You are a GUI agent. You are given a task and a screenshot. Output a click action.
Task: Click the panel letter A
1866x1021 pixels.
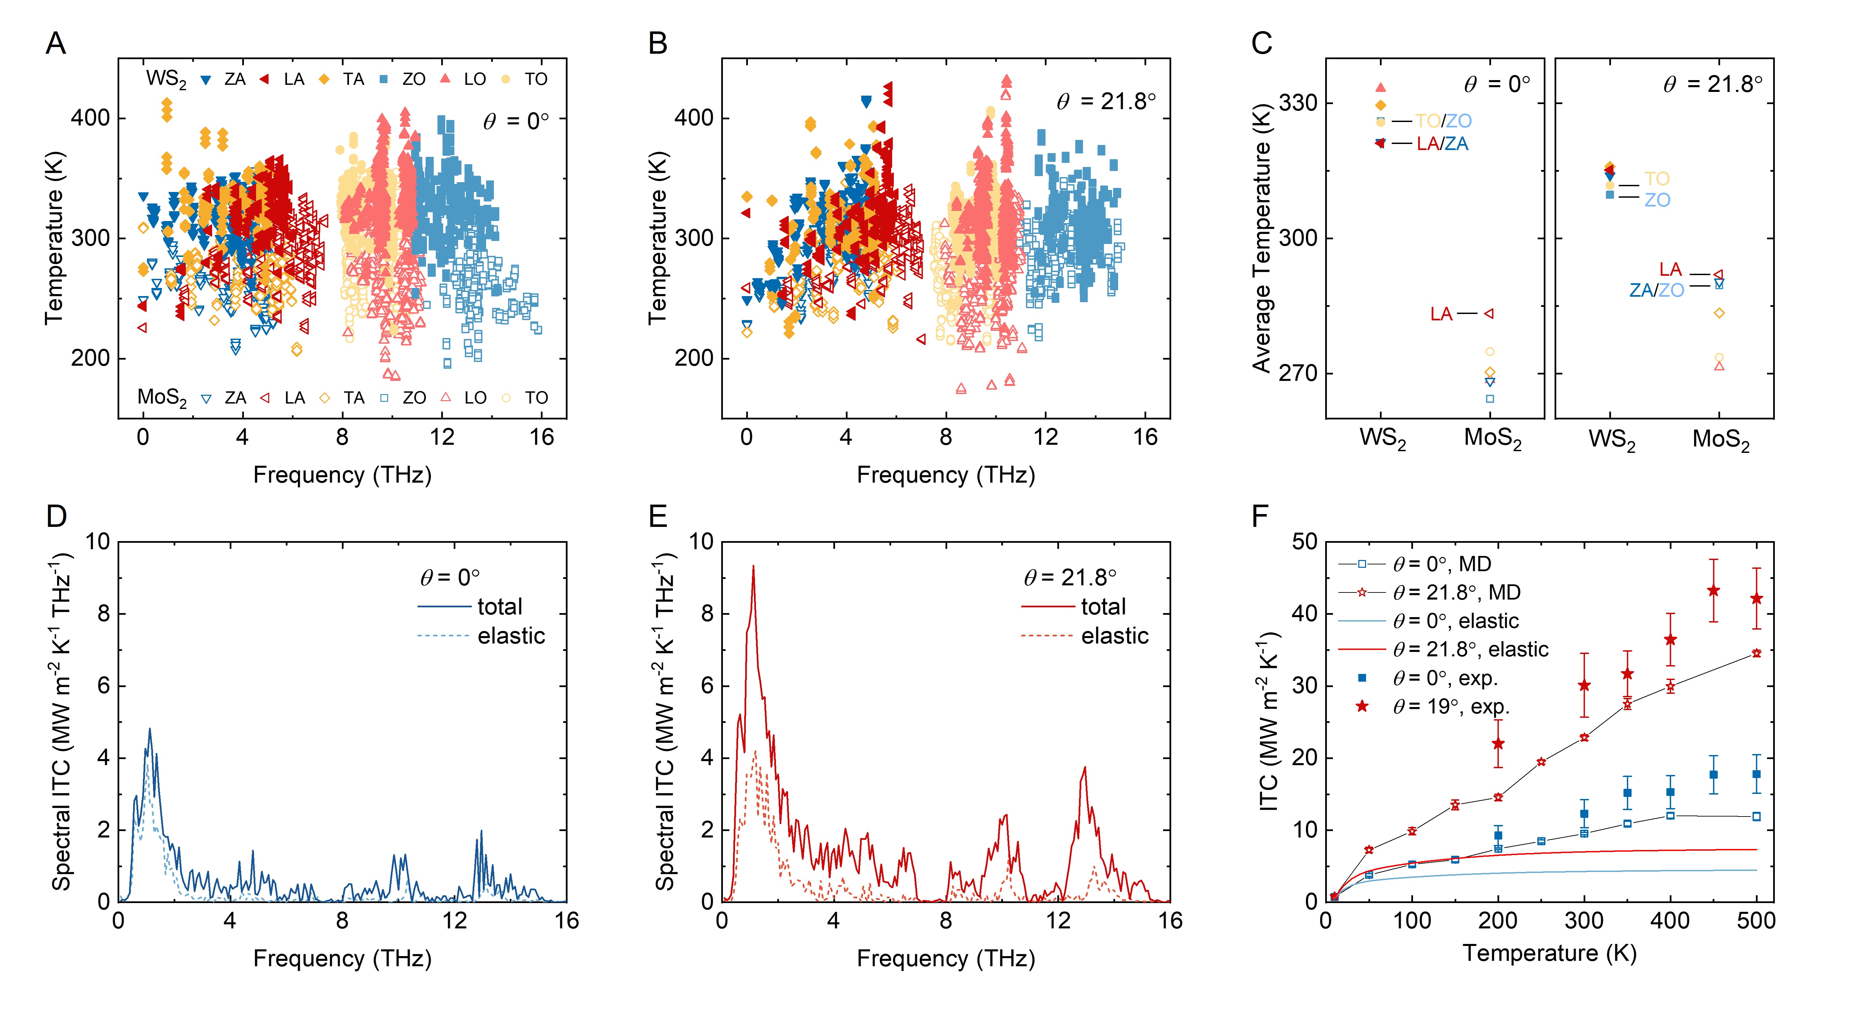click(56, 44)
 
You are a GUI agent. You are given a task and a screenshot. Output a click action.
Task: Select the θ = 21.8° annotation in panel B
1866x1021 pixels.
click(1105, 101)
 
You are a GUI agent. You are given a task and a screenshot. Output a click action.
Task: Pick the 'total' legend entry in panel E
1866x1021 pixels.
click(1103, 607)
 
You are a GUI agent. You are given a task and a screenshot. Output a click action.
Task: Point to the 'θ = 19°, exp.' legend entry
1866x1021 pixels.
click(1451, 706)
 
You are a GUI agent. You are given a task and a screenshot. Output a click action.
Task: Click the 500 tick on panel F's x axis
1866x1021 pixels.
click(1756, 921)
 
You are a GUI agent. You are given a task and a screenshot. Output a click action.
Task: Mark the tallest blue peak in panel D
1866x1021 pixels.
click(150, 729)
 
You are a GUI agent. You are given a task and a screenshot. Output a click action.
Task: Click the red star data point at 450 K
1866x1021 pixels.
click(1713, 590)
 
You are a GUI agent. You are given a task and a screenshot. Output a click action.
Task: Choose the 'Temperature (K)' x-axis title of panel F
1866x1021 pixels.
click(1549, 953)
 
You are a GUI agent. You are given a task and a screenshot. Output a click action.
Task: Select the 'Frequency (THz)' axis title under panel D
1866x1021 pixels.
click(342, 959)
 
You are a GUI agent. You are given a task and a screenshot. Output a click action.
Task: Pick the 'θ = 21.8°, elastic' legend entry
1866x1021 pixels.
click(1470, 649)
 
